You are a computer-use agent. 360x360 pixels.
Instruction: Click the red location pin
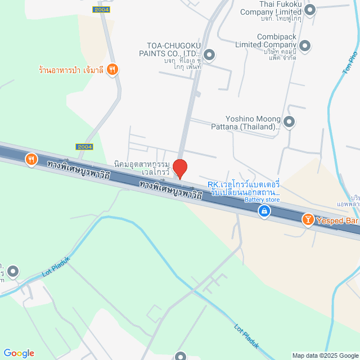pyautogui.click(x=179, y=168)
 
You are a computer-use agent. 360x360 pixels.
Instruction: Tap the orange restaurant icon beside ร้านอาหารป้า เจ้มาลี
pyautogui.click(x=113, y=69)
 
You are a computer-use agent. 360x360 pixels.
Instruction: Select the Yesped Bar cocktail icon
pyautogui.click(x=308, y=220)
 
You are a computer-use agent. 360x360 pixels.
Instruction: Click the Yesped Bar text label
pyautogui.click(x=337, y=220)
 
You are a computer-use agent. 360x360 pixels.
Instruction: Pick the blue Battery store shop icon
pyautogui.click(x=264, y=211)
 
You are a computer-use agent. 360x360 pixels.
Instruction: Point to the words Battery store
pyautogui.click(x=262, y=200)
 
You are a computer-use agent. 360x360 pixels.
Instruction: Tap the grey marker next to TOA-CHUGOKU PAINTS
pyautogui.click(x=209, y=55)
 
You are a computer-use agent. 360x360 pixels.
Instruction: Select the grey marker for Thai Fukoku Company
pyautogui.click(x=309, y=8)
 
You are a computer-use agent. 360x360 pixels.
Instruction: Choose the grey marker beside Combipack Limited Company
pyautogui.click(x=305, y=45)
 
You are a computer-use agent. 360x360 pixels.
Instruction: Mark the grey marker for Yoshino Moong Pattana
pyautogui.click(x=289, y=121)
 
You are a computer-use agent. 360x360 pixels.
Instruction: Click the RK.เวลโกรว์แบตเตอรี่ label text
pyautogui.click(x=244, y=188)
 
